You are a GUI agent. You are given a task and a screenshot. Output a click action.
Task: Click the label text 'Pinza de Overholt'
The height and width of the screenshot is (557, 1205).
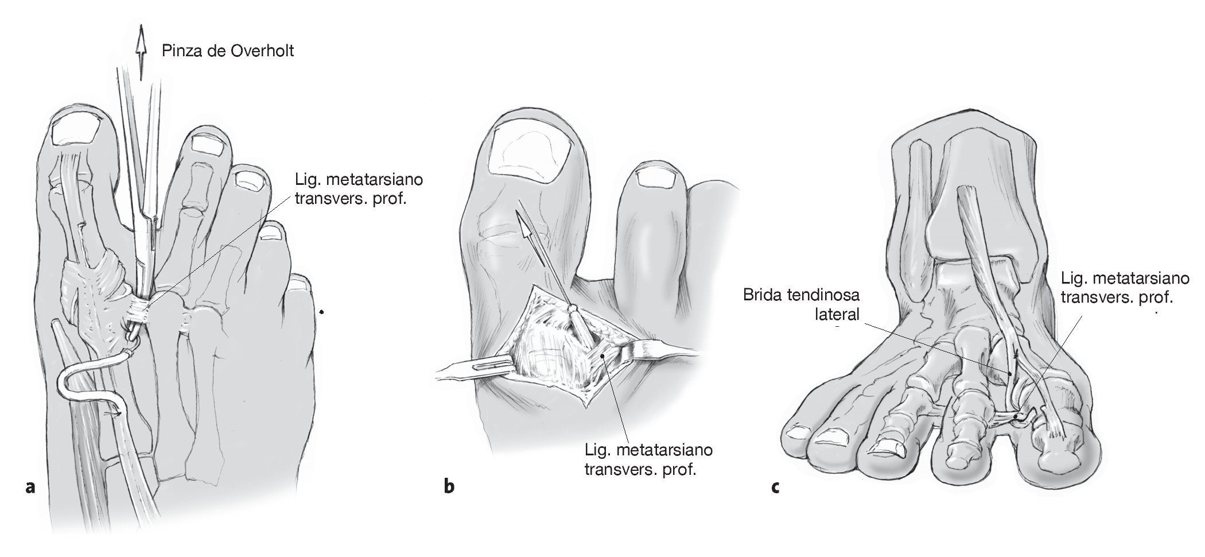click(228, 51)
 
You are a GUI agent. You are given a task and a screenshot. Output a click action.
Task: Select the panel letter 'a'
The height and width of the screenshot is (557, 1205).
click(31, 487)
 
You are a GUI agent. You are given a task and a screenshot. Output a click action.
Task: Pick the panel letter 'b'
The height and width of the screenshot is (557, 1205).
click(449, 487)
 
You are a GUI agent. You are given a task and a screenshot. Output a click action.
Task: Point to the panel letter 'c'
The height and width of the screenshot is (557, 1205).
click(775, 487)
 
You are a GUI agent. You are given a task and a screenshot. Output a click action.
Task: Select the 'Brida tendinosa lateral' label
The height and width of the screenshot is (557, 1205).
click(801, 305)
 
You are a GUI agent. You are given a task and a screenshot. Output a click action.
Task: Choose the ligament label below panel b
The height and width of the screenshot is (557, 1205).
click(648, 459)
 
